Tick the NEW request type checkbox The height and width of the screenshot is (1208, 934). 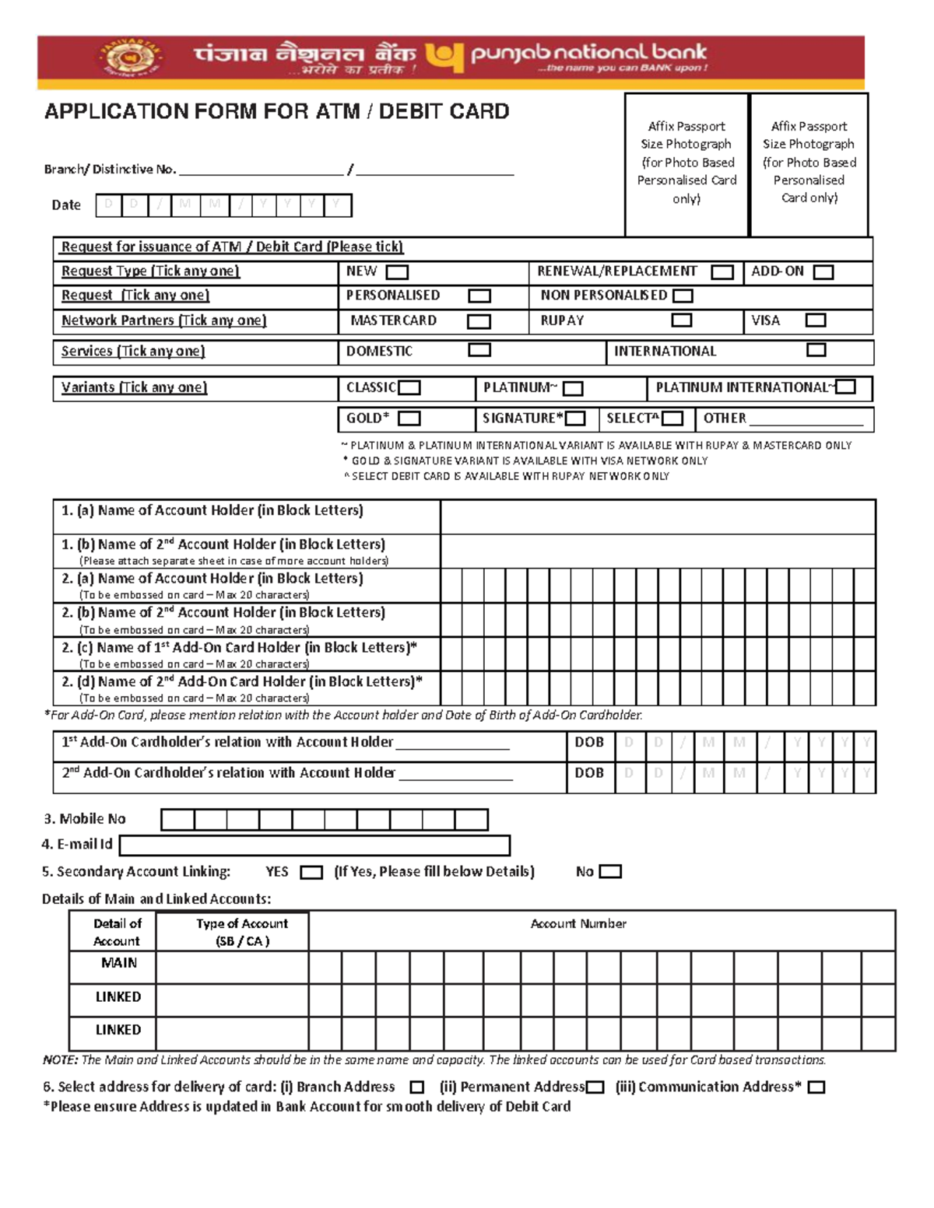click(x=397, y=272)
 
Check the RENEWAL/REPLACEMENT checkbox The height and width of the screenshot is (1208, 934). click(x=722, y=272)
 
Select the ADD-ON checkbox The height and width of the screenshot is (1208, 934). click(x=823, y=272)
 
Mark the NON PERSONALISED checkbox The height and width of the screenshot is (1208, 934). click(x=683, y=296)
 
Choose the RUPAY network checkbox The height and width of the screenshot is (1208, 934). click(x=681, y=320)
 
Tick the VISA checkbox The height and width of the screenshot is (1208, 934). click(x=815, y=320)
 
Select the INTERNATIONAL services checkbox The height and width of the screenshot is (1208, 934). click(x=816, y=350)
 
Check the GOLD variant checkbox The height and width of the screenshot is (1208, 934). click(x=409, y=418)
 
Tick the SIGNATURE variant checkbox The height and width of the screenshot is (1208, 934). click(x=575, y=418)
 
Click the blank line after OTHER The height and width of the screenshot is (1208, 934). click(x=806, y=420)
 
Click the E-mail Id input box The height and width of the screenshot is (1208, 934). click(x=314, y=846)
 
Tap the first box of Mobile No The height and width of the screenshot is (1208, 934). click(x=177, y=820)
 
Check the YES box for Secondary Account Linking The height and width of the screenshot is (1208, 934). click(x=311, y=873)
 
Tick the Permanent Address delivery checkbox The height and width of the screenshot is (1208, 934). click(x=595, y=1087)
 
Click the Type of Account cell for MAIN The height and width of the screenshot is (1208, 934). click(x=232, y=967)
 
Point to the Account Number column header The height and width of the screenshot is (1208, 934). click(x=578, y=923)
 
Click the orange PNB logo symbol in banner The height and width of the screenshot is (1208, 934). click(x=444, y=56)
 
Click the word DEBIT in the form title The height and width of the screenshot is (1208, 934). click(x=411, y=111)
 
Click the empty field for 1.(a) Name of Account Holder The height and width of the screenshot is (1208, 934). click(x=658, y=516)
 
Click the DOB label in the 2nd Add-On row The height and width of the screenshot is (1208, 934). click(x=589, y=773)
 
